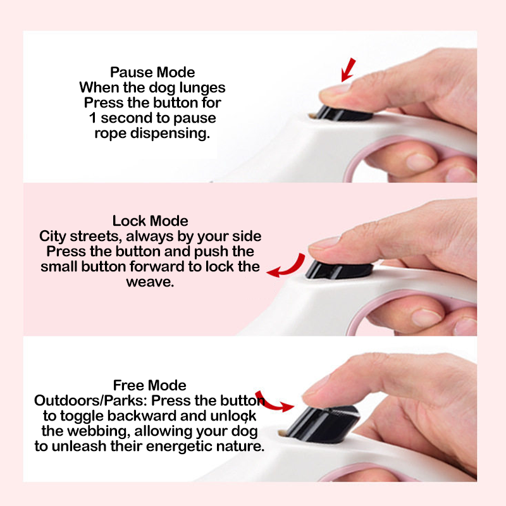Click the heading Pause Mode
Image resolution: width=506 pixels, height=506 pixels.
pos(152,72)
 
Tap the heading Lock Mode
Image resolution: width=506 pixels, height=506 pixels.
pos(150,221)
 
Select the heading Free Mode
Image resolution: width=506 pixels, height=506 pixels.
pos(149,385)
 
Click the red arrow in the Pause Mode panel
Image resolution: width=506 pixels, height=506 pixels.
pos(349,70)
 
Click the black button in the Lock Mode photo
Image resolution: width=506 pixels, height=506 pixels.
pos(339,270)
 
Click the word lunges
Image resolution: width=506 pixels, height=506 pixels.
pos(202,88)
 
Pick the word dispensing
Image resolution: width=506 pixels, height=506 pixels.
pos(170,133)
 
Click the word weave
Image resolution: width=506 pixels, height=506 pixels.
pos(150,282)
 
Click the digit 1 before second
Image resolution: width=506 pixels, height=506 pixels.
pos(92,118)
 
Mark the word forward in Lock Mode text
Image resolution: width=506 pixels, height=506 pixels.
pos(157,267)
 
